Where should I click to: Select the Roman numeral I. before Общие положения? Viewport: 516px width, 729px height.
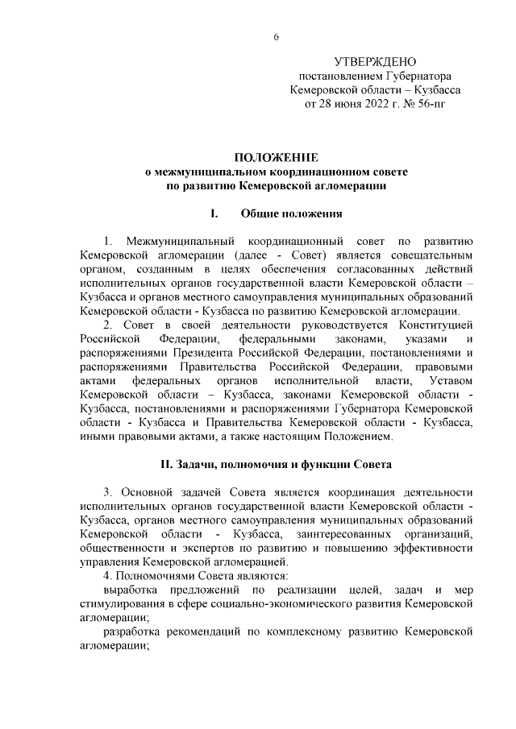click(x=214, y=214)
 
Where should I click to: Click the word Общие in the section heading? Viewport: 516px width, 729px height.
click(x=262, y=214)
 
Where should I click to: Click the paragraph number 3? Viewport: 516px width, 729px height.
click(x=108, y=491)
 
